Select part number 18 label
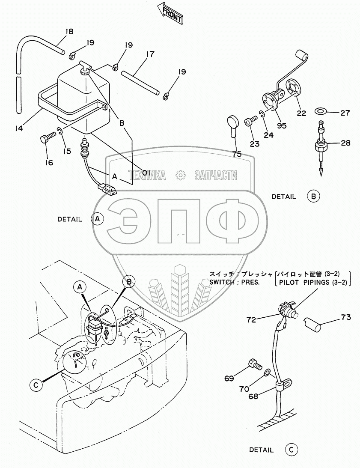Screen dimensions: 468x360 click(x=69, y=31)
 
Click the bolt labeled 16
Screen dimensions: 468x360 click(x=47, y=138)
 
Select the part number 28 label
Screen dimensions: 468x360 click(x=345, y=143)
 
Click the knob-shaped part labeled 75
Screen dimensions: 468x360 click(x=234, y=124)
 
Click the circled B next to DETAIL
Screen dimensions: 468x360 click(x=313, y=196)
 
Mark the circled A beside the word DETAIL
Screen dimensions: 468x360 click(x=98, y=219)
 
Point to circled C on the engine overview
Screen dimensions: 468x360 click(x=36, y=385)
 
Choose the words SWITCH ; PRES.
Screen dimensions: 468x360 click(x=234, y=282)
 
